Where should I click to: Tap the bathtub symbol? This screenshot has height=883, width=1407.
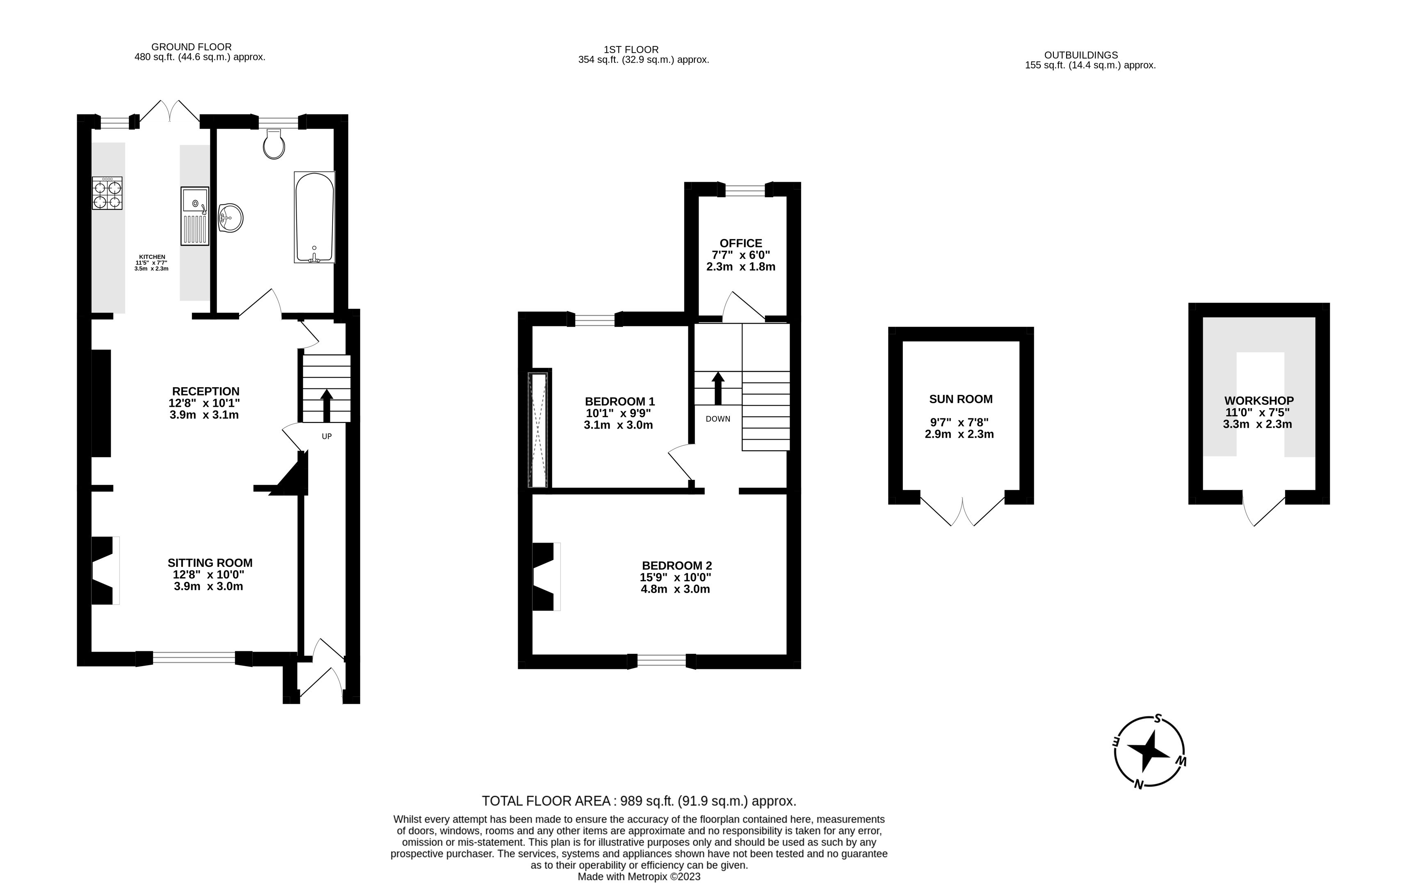pyautogui.click(x=314, y=217)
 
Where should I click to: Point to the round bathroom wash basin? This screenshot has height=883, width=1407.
pyautogui.click(x=231, y=219)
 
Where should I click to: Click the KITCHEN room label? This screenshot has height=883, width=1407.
pyautogui.click(x=152, y=257)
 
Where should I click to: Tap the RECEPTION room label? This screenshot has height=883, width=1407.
pyautogui.click(x=206, y=391)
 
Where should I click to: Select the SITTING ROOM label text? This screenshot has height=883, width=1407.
pyautogui.click(x=210, y=563)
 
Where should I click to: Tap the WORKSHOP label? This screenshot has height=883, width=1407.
pyautogui.click(x=1259, y=401)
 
